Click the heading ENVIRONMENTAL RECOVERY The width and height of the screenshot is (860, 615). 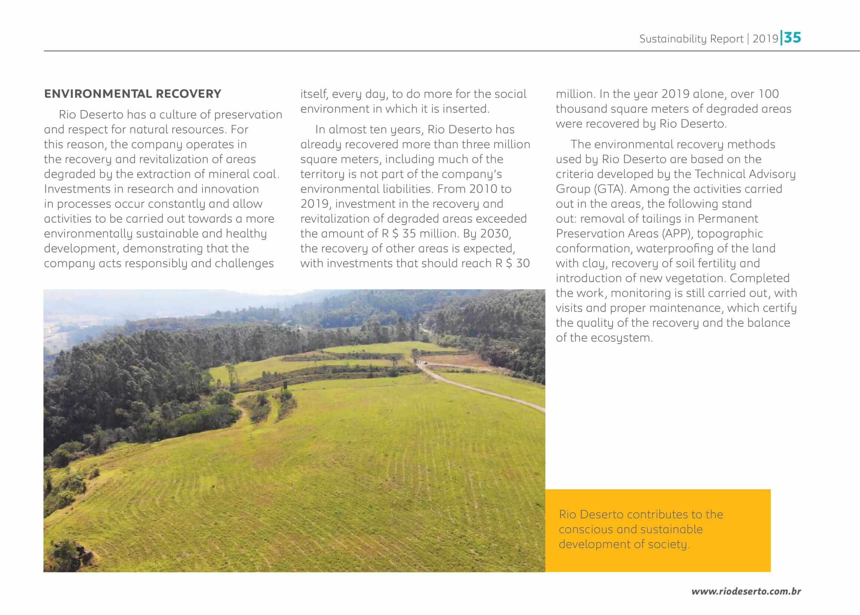click(132, 94)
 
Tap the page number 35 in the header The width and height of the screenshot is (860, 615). click(793, 38)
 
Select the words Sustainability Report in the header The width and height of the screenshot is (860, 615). click(691, 39)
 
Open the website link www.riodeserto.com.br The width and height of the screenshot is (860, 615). click(746, 591)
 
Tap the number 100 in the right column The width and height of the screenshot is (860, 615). click(768, 94)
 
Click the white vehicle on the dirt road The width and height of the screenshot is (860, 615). click(425, 363)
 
